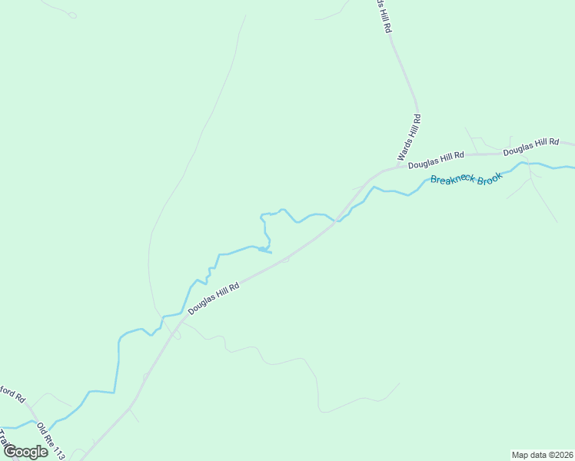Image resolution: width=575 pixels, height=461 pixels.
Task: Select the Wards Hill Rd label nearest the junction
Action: (x=410, y=138)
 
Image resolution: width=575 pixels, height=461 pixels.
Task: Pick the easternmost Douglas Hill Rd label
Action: (x=531, y=147)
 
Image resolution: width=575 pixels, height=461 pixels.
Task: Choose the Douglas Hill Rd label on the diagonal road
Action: (x=214, y=297)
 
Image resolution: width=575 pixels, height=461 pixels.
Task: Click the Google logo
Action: (x=25, y=452)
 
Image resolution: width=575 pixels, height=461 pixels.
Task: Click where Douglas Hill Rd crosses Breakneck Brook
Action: (x=337, y=221)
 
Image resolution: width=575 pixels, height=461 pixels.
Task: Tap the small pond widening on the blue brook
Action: (x=264, y=250)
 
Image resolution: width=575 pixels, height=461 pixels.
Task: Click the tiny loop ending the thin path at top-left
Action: (x=72, y=15)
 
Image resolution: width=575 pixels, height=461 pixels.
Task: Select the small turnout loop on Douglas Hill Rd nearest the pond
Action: (x=285, y=260)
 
